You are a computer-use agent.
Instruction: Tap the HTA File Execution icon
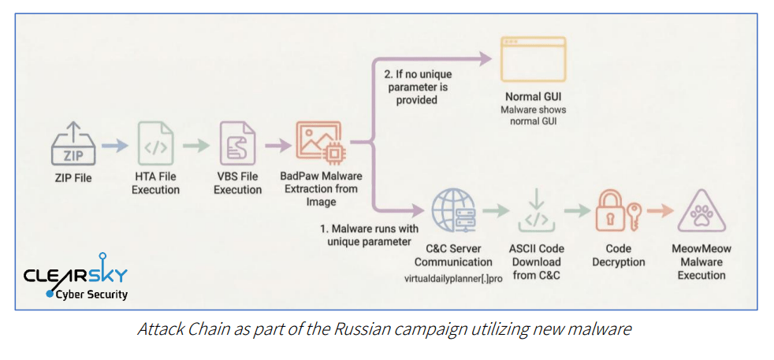click(x=155, y=143)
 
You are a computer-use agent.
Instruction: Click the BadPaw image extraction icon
click(x=318, y=143)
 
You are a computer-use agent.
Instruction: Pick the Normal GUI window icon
click(x=534, y=59)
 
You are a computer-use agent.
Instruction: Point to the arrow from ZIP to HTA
click(x=114, y=144)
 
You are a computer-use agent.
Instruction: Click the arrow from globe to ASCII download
click(x=494, y=211)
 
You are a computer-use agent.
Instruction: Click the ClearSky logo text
click(x=75, y=276)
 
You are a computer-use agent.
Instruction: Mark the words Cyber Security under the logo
click(x=91, y=295)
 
